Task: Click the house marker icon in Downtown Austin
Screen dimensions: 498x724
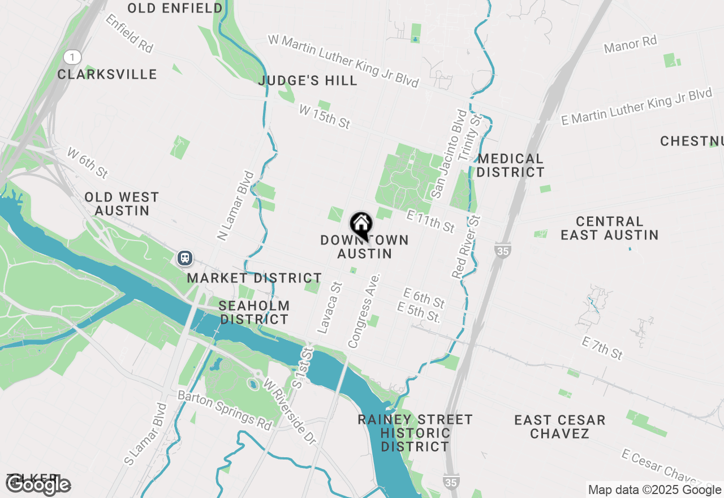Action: (361, 225)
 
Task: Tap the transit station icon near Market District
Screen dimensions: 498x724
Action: (184, 258)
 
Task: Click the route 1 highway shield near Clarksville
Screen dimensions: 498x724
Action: (72, 57)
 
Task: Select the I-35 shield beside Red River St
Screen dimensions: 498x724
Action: (502, 250)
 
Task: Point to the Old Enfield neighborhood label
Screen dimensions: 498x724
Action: (175, 8)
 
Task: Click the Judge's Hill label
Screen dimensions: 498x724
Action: (308, 81)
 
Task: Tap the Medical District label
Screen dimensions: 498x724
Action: (510, 165)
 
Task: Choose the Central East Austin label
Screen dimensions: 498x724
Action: (609, 228)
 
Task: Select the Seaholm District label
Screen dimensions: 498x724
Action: (255, 312)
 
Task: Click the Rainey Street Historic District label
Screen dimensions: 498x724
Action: (415, 433)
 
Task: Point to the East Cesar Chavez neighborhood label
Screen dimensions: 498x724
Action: (560, 427)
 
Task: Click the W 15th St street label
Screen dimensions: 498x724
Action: (325, 118)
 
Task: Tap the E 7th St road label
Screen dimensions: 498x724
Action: (602, 347)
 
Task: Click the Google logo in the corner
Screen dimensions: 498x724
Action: (38, 485)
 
